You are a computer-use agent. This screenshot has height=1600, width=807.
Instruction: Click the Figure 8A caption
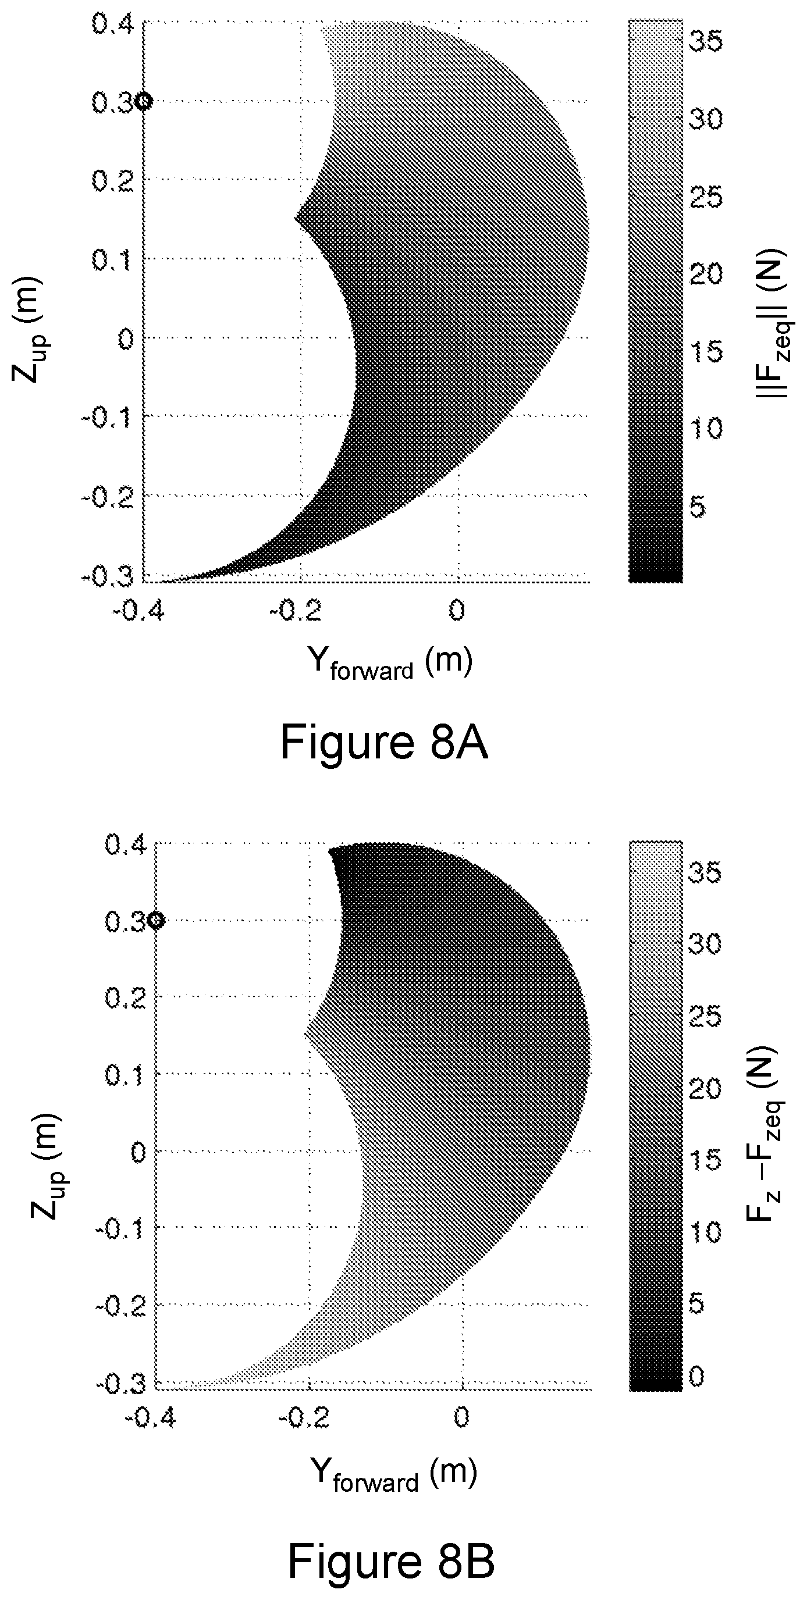coord(384,742)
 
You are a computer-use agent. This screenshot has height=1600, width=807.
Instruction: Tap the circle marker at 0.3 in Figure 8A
coord(144,101)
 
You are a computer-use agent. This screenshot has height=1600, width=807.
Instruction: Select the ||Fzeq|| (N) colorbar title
coord(774,323)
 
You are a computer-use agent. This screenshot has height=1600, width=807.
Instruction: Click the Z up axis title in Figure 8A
coord(27,330)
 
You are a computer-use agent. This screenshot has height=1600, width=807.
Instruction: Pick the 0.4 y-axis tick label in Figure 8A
coord(112,25)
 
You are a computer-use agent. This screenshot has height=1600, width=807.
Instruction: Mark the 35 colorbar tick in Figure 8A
coord(706,42)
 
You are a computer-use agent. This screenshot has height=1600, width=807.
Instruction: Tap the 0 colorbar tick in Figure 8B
coord(697,1375)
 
